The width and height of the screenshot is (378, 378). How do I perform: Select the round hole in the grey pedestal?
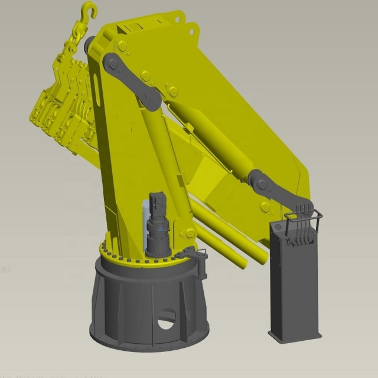tap(167, 319)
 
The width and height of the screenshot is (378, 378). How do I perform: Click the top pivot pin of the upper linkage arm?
tap(110, 61)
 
